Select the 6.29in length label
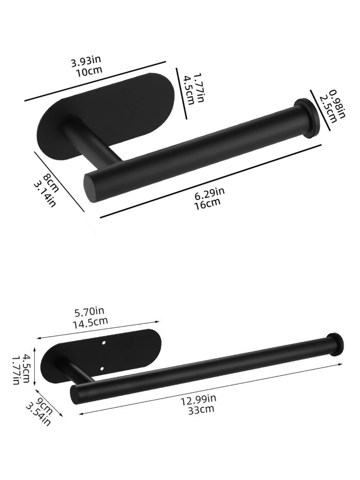point(210,194)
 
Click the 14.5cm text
point(90,322)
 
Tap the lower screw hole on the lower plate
point(102,368)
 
